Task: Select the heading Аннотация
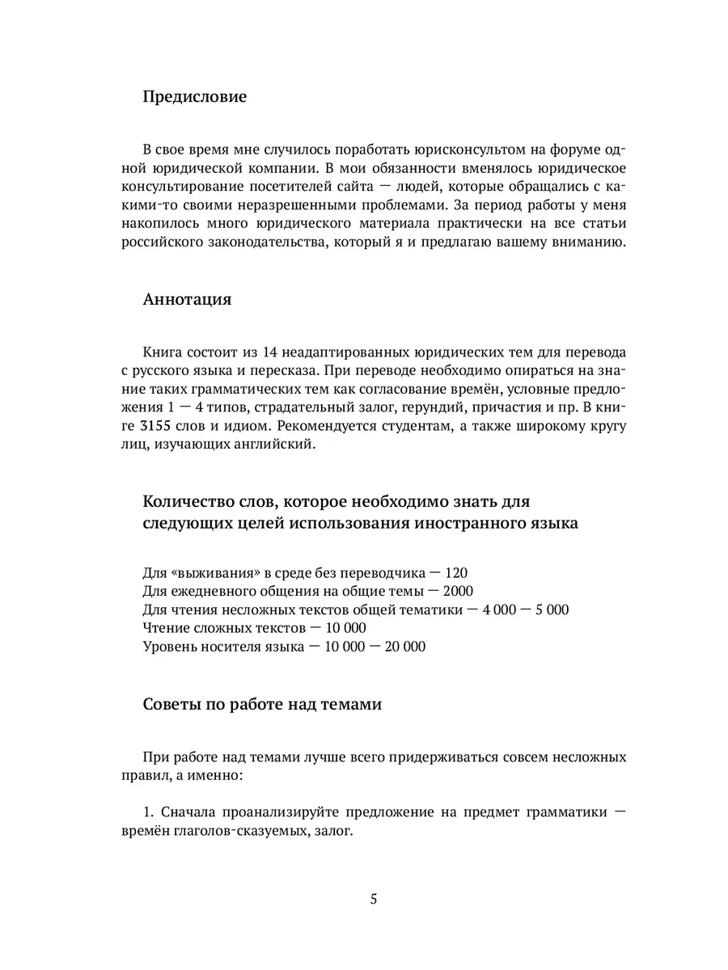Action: [188, 299]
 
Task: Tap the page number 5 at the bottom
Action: [373, 900]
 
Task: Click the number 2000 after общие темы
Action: [458, 591]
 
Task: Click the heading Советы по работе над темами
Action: [261, 703]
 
